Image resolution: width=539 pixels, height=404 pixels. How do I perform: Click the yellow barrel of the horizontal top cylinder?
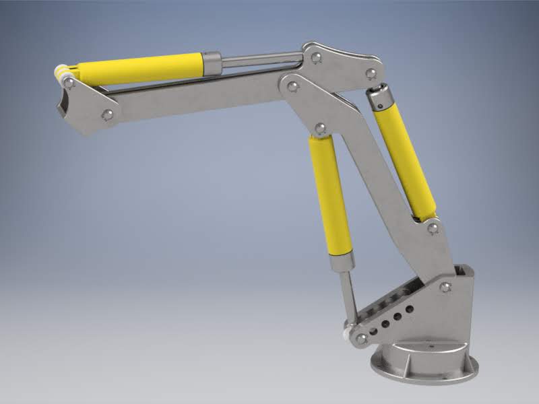(141, 68)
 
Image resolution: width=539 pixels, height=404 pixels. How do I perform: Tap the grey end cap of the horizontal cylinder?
(212, 63)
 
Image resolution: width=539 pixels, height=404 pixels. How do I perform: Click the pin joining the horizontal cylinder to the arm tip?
(68, 82)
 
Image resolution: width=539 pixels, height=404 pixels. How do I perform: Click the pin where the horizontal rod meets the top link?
(315, 58)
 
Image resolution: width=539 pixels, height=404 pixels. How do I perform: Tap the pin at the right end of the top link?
(369, 73)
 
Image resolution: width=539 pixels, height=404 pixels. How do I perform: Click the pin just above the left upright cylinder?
(320, 127)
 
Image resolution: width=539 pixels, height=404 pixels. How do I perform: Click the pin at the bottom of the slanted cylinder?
(433, 228)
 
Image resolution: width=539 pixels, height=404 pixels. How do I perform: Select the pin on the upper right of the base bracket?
(445, 288)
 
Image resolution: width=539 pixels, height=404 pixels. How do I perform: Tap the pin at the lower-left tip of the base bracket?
(362, 337)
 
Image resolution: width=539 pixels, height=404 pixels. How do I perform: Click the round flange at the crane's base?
(424, 367)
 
